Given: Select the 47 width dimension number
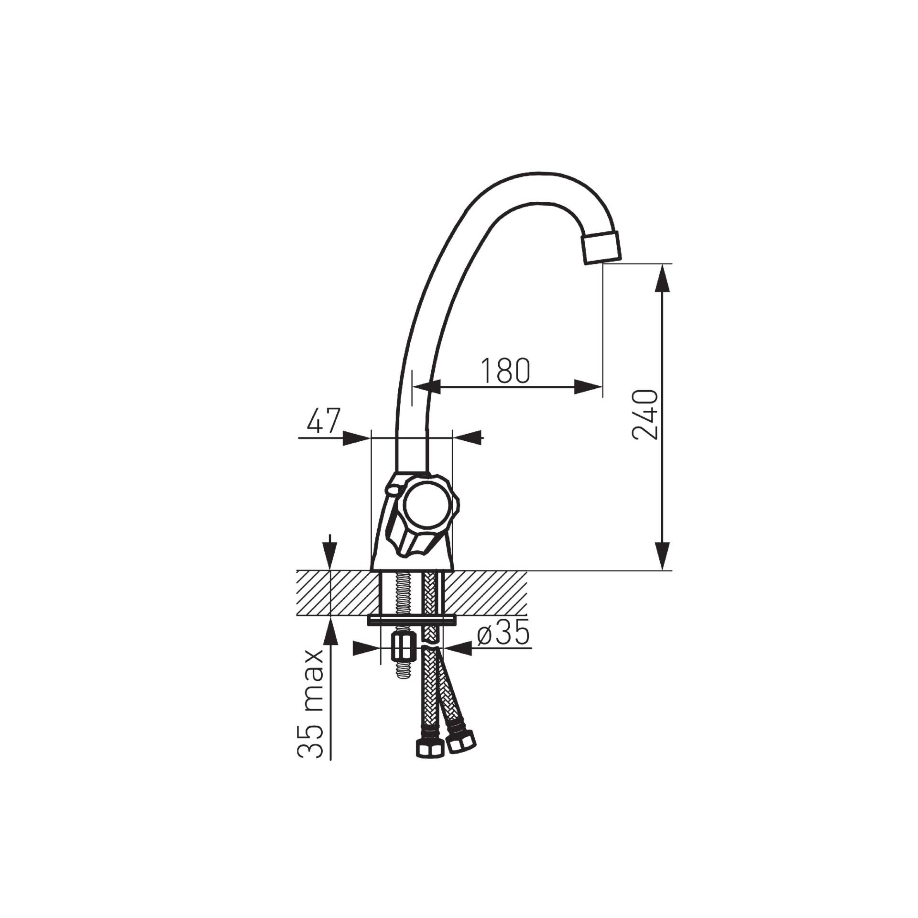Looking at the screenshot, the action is [323, 421].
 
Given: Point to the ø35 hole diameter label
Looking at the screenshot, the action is [504, 634].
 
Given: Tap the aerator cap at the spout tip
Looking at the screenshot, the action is [601, 246].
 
